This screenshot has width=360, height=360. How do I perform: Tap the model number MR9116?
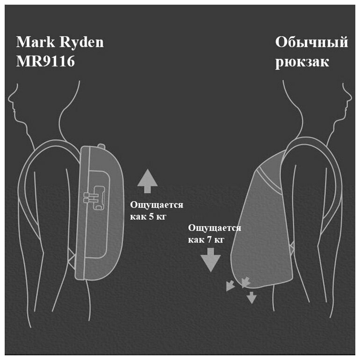[45, 62]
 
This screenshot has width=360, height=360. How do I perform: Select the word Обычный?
[311, 43]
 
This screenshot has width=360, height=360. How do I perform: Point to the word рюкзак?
[302, 62]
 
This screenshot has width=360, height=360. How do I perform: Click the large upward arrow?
[148, 181]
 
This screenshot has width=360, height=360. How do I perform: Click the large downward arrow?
[210, 260]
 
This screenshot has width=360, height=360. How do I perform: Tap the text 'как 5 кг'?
[148, 217]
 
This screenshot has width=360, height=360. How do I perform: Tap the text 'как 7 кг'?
[206, 240]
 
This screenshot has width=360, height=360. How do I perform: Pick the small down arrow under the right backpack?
[252, 297]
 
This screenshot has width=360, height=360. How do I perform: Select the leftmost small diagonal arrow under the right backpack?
[230, 286]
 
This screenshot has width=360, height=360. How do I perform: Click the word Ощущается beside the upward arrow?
[156, 205]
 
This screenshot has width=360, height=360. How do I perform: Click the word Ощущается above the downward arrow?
[215, 228]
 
